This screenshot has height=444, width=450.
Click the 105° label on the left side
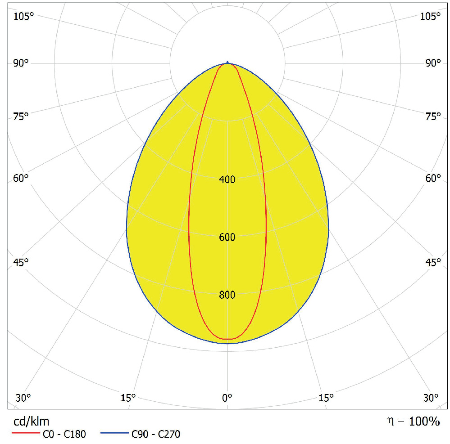click(x=23, y=17)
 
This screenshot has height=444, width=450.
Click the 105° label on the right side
click(x=430, y=17)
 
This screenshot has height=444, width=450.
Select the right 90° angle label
click(x=432, y=63)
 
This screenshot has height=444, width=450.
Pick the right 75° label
click(x=432, y=117)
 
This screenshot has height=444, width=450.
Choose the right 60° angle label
click(x=432, y=178)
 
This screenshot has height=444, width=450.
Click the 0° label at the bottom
click(x=227, y=398)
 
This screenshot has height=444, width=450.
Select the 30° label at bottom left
click(x=23, y=398)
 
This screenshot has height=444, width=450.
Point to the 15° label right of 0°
click(x=326, y=398)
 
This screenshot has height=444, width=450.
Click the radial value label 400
click(x=227, y=180)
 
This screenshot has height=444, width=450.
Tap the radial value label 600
click(x=227, y=238)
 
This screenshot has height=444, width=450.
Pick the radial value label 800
click(x=227, y=295)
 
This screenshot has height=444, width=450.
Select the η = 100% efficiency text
click(x=413, y=421)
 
